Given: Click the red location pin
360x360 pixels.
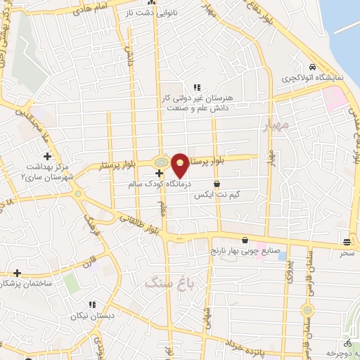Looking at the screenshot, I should click(181, 165).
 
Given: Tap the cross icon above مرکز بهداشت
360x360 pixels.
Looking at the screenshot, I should click(47, 155).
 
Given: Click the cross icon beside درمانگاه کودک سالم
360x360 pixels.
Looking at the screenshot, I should click(160, 173).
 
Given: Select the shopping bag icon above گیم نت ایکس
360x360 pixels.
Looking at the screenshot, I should click(225, 182).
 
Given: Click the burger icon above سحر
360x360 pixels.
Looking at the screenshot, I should click(347, 240).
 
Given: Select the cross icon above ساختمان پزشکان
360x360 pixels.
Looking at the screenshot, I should click(17, 272).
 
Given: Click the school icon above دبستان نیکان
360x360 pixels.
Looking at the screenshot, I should click(91, 304).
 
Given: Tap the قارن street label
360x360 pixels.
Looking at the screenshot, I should click(87, 266).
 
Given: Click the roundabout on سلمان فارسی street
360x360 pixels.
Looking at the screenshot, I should click(307, 310).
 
